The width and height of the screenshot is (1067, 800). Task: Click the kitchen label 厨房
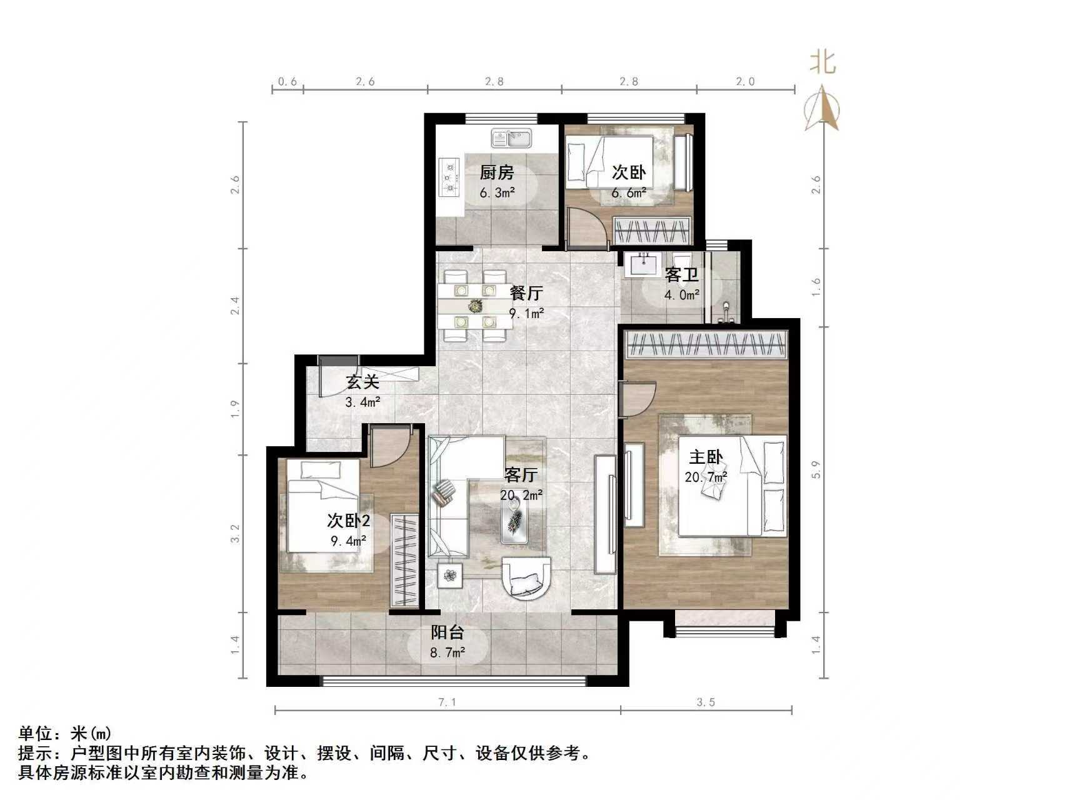coord(497,172)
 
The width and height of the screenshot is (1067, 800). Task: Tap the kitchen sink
coord(511,138)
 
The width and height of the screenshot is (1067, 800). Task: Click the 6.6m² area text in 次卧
coord(628,192)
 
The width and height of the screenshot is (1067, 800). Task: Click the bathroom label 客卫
coord(681,274)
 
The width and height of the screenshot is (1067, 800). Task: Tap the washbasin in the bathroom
coord(641,264)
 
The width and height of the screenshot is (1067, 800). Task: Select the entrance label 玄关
coord(363,381)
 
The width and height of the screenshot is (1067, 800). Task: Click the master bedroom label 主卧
coord(706,457)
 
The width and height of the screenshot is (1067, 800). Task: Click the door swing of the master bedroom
coord(638,398)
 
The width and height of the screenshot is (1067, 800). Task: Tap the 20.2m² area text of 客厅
coord(521,495)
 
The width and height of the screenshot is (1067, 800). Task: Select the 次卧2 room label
coord(348,520)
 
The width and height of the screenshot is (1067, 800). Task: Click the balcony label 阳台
coord(448,632)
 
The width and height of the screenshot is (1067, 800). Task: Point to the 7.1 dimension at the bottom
coord(448,702)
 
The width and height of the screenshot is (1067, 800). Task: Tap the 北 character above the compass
coord(823,62)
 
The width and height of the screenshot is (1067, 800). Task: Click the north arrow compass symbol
coord(822,109)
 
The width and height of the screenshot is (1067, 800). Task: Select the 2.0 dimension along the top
coord(745,81)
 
